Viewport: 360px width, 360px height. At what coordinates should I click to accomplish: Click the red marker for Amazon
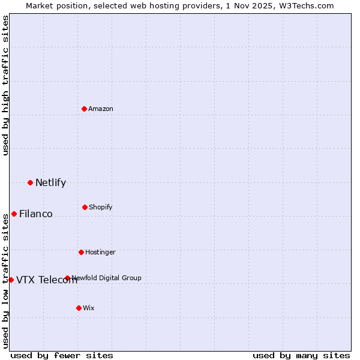[84, 109]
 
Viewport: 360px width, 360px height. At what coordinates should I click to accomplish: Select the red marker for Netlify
[30, 182]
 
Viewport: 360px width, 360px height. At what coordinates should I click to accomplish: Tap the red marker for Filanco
[14, 214]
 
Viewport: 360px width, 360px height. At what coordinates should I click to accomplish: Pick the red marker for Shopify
[85, 207]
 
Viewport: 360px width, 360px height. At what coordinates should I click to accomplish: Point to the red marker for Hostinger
[81, 252]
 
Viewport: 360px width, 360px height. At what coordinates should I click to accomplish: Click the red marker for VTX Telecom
[11, 280]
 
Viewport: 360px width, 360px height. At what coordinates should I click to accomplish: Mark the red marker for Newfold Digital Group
[67, 278]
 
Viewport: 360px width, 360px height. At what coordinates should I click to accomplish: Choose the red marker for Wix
[79, 308]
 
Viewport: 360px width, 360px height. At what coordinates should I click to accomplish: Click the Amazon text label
[101, 109]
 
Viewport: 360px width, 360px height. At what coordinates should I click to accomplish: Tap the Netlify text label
[50, 182]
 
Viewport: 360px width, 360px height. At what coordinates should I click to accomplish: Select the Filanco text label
[36, 214]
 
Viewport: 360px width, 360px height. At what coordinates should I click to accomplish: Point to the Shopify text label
[101, 207]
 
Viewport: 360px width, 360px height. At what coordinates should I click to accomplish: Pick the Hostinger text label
[100, 252]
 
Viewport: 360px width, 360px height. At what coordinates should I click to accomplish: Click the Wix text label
[89, 308]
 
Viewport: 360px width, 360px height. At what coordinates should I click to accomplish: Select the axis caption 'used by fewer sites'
[62, 355]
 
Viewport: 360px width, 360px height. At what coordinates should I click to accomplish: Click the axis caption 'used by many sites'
[301, 355]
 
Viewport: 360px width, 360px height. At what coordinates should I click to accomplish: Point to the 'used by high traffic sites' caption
[5, 85]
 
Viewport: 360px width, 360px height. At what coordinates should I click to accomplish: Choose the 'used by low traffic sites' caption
[5, 281]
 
